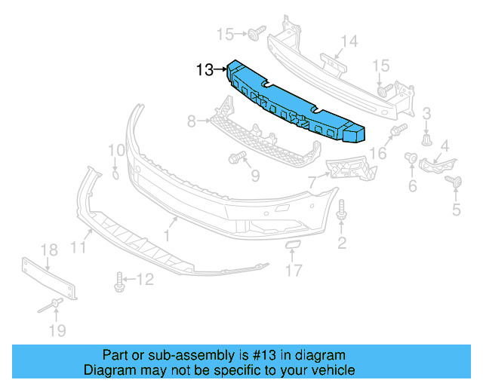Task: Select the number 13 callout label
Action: [205, 70]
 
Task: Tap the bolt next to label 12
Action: [120, 282]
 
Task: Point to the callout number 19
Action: [57, 329]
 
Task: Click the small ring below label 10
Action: [115, 175]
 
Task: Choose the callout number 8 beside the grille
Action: [192, 121]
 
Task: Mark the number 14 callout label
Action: [348, 41]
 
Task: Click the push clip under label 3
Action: [427, 139]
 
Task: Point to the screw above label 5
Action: [455, 181]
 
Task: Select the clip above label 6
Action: [412, 158]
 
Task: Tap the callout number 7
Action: [312, 182]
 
